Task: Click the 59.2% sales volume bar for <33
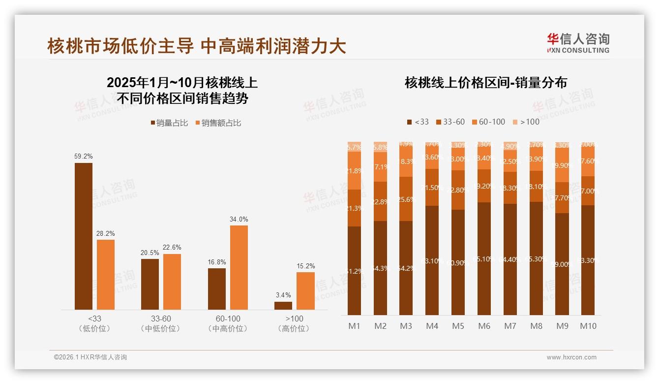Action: [x=84, y=236]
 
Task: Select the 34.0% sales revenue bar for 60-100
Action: [x=239, y=267]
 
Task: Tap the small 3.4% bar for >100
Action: [x=283, y=306]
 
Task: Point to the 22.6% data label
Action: [x=172, y=248]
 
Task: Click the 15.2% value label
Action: [x=305, y=266]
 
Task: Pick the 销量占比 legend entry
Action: [x=169, y=123]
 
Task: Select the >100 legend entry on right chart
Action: [x=526, y=122]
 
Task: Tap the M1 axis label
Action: [x=354, y=326]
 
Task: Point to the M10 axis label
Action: [x=588, y=326]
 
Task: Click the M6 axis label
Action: [x=484, y=326]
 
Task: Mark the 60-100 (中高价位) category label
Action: [x=228, y=323]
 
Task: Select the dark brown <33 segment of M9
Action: [x=562, y=264]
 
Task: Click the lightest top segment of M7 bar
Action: [x=510, y=146]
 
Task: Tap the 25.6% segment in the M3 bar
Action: [x=406, y=199]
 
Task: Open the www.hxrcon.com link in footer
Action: [x=571, y=357]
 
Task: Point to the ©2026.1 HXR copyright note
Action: [x=90, y=357]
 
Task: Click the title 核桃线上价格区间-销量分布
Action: [x=485, y=82]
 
